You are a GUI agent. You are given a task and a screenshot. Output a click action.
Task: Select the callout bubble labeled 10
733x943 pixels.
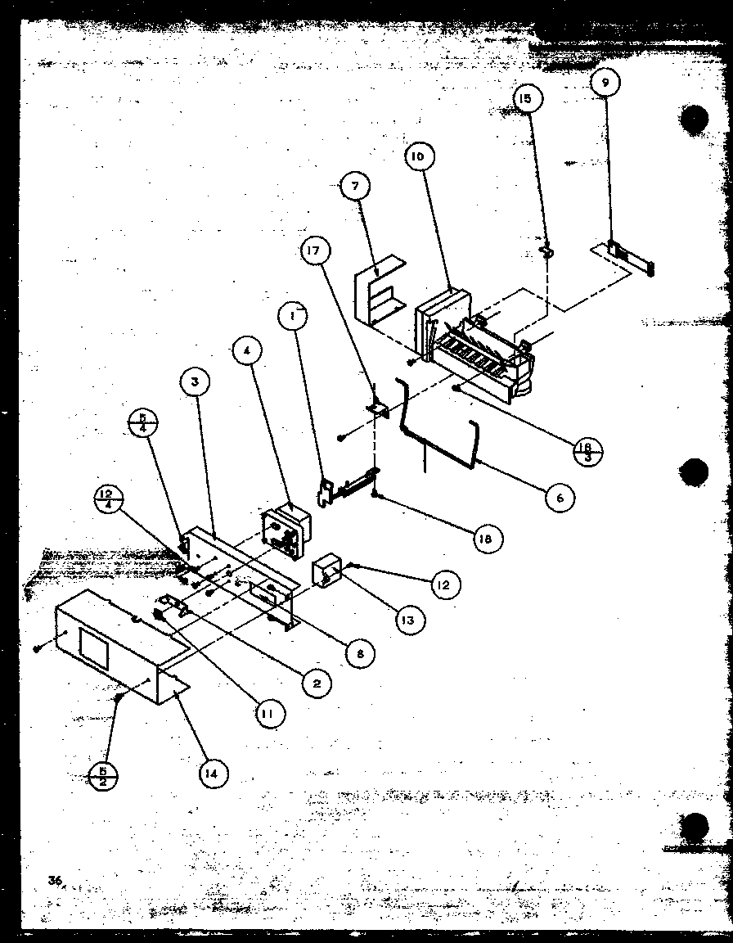click(418, 157)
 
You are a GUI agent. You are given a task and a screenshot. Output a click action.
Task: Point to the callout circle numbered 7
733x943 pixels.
click(355, 187)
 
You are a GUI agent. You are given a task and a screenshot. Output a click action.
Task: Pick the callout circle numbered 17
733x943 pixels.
click(315, 252)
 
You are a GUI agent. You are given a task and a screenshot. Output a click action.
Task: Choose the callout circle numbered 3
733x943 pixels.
click(196, 382)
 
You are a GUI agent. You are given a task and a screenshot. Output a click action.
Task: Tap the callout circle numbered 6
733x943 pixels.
click(560, 497)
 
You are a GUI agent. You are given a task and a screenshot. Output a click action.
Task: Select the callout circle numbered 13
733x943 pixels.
click(407, 620)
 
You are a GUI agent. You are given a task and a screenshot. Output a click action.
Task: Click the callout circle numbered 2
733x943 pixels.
click(317, 682)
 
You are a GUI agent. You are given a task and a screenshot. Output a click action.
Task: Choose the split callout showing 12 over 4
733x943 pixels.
click(108, 498)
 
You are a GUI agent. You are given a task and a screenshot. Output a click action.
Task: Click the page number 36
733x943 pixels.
click(55, 881)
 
